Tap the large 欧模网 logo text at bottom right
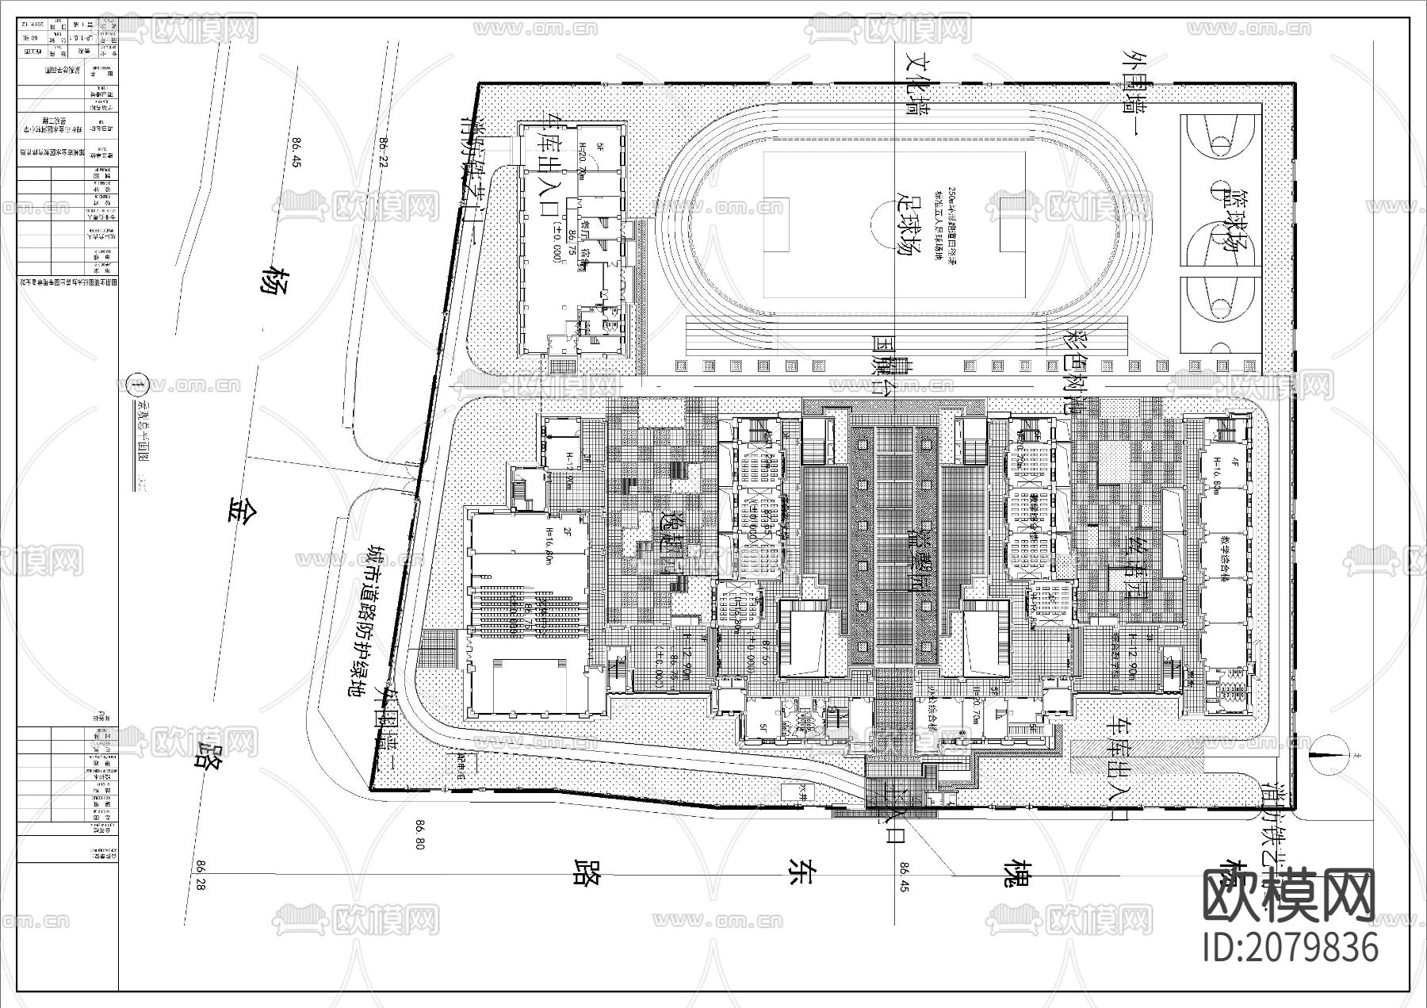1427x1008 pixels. (x=1289, y=895)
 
